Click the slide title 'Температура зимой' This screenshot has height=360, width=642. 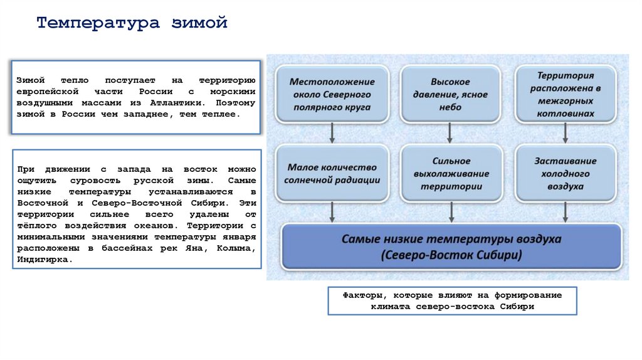[132, 24]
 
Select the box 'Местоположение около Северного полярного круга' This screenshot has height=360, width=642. [332, 94]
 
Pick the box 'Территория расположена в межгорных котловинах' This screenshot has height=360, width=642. [566, 94]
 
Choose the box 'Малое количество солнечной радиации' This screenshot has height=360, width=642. [332, 174]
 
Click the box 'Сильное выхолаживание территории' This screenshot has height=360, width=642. [451, 174]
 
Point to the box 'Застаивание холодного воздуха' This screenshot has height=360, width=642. [566, 174]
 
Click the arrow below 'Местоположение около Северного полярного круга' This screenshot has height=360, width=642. [332, 132]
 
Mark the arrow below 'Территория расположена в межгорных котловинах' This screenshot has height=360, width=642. [566, 132]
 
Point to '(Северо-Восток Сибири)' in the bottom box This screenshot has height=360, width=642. [451, 256]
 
